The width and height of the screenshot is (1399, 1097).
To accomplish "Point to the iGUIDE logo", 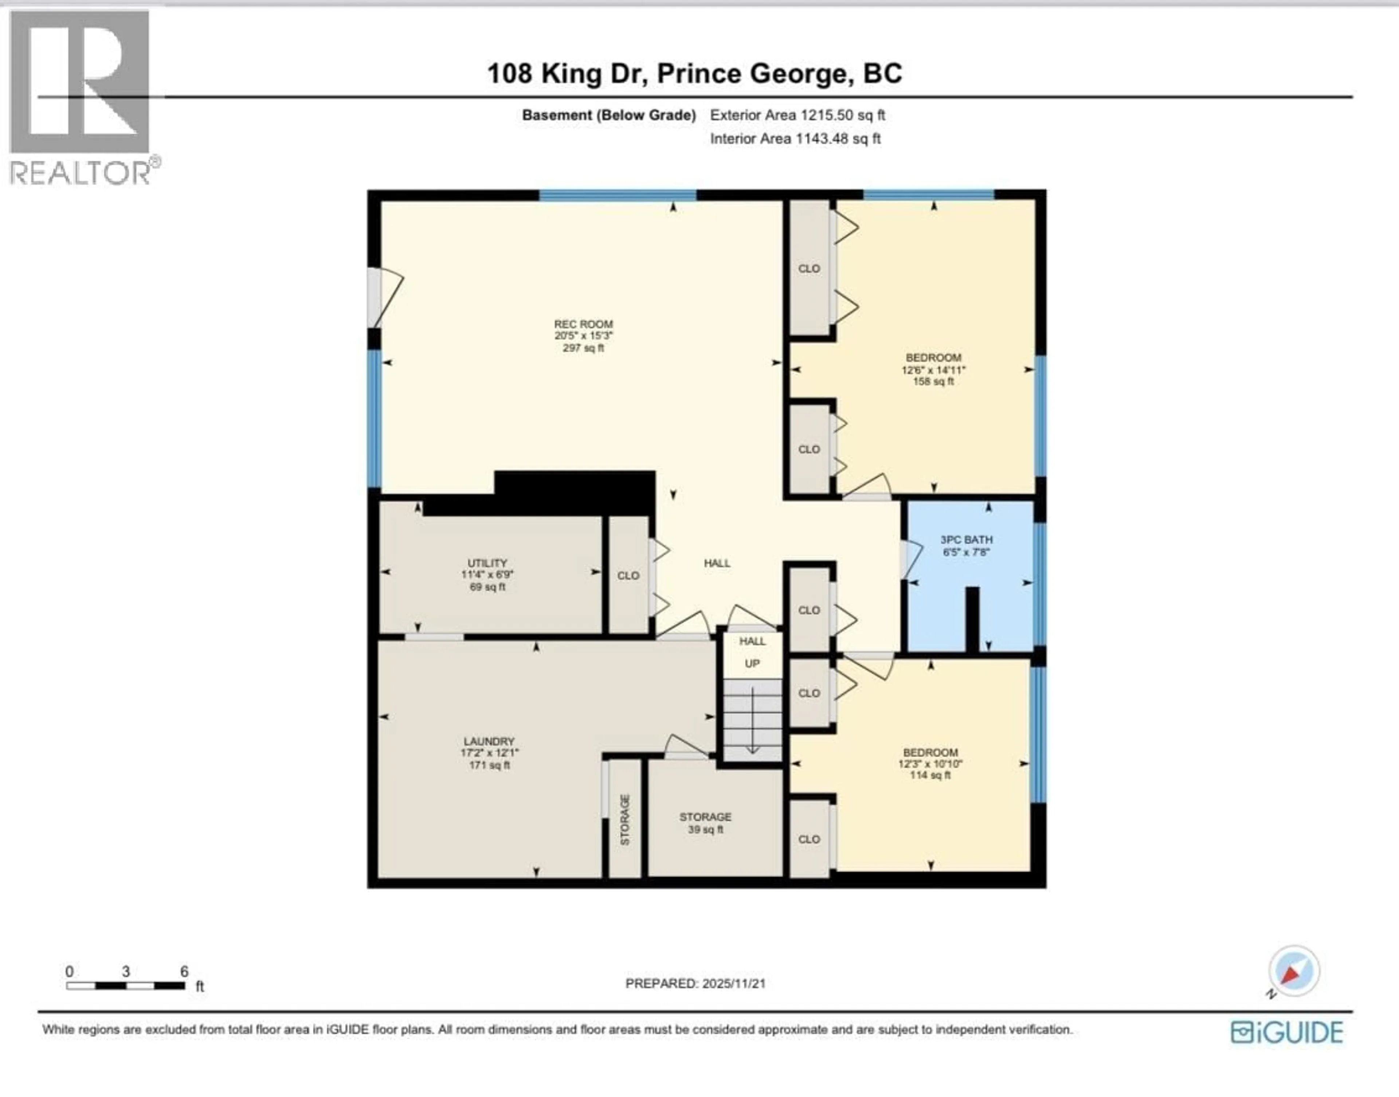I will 1286,1033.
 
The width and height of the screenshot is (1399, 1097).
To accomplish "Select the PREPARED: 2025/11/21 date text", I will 695,983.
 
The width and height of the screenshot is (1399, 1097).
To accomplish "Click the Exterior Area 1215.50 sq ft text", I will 797,115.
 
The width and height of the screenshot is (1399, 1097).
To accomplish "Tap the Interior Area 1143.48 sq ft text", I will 795,139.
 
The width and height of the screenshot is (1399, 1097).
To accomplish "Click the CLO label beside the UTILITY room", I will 628,576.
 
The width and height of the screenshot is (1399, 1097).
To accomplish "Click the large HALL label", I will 717,563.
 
